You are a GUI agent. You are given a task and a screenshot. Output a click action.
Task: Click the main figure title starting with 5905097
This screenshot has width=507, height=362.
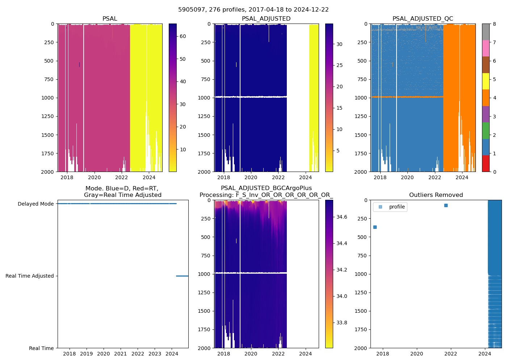tap(253, 10)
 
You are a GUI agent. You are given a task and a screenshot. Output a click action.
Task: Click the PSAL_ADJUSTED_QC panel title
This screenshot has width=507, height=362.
tap(423, 19)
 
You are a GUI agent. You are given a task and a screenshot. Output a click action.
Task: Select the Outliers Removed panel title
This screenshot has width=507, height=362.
tap(436, 195)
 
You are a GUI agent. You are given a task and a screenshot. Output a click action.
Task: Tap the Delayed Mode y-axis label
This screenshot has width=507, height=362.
tap(35, 204)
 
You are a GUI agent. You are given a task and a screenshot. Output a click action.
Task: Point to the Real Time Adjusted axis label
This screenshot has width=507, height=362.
tap(29, 276)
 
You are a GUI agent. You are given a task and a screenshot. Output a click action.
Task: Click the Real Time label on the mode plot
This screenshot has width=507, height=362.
tap(41, 348)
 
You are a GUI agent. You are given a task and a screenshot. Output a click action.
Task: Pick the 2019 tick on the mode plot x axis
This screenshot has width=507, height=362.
tap(87, 354)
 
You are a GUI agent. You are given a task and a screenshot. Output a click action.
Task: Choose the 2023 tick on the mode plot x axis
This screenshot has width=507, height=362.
tap(155, 354)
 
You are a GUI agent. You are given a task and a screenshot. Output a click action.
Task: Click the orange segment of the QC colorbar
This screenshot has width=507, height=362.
tap(486, 98)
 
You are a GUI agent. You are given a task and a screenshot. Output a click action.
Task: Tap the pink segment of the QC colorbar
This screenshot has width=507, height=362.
tap(486, 48)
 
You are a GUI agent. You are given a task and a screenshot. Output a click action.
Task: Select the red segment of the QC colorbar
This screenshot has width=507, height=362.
tap(486, 163)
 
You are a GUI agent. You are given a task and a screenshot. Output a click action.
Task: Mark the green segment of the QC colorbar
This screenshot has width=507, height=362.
tap(486, 130)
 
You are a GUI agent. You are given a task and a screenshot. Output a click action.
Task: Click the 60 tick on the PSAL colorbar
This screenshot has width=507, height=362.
tap(183, 36)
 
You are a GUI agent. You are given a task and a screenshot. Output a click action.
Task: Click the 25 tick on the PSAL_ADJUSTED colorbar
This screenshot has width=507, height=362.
tap(339, 66)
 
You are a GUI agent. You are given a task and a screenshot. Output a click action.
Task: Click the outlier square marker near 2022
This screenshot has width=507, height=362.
tap(446, 205)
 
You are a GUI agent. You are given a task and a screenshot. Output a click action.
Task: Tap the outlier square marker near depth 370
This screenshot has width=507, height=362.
tap(375, 227)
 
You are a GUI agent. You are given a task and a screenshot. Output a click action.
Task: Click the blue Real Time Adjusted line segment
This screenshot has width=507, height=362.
tap(182, 276)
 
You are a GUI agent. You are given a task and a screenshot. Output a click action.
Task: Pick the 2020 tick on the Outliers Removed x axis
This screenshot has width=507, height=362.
tap(417, 354)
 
